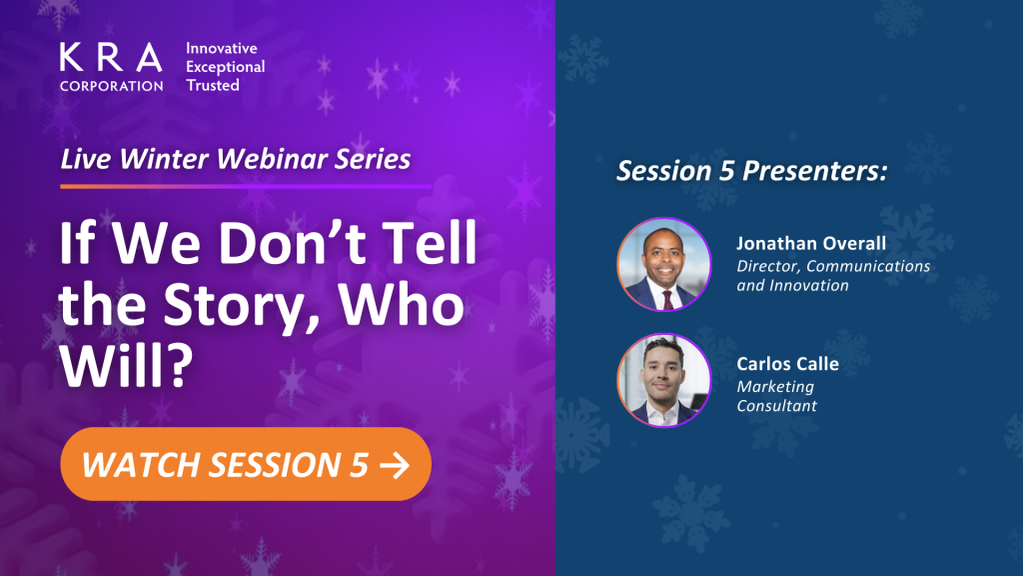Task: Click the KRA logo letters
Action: [111, 57]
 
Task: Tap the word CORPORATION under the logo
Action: [112, 86]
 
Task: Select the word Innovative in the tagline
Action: [222, 48]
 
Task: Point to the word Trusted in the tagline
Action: [213, 85]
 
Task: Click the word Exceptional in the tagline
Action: [226, 67]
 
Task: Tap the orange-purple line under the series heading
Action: [246, 186]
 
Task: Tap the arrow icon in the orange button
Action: [395, 466]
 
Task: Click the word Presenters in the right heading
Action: [815, 170]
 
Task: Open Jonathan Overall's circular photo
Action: [664, 264]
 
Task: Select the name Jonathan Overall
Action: [811, 244]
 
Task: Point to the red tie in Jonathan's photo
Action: [667, 300]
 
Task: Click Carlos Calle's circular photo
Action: [664, 381]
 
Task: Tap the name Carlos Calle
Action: [787, 364]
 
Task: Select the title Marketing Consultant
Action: [776, 396]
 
